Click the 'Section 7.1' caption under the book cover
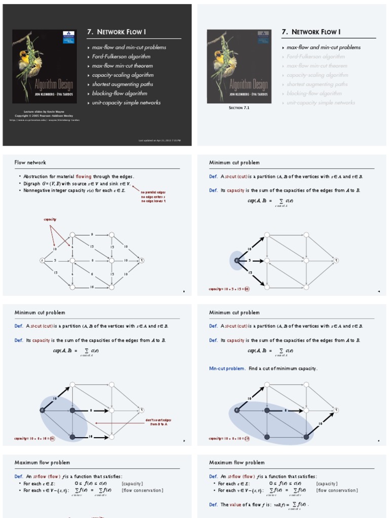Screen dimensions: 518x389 [x=239, y=108]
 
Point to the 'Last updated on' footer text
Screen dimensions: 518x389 [x=159, y=140]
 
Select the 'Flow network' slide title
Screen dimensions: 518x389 [x=30, y=162]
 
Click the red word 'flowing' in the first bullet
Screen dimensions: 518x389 [x=84, y=177]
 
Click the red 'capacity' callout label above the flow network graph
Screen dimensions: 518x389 [x=50, y=220]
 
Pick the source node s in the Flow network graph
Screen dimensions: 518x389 [x=42, y=261]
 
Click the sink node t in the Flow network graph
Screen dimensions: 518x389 [x=142, y=261]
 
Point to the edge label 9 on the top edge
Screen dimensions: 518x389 [x=92, y=235]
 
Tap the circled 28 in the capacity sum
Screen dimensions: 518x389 [x=247, y=439]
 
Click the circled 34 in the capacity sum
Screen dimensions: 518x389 [x=52, y=439]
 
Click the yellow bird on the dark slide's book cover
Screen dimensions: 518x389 [x=24, y=59]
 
